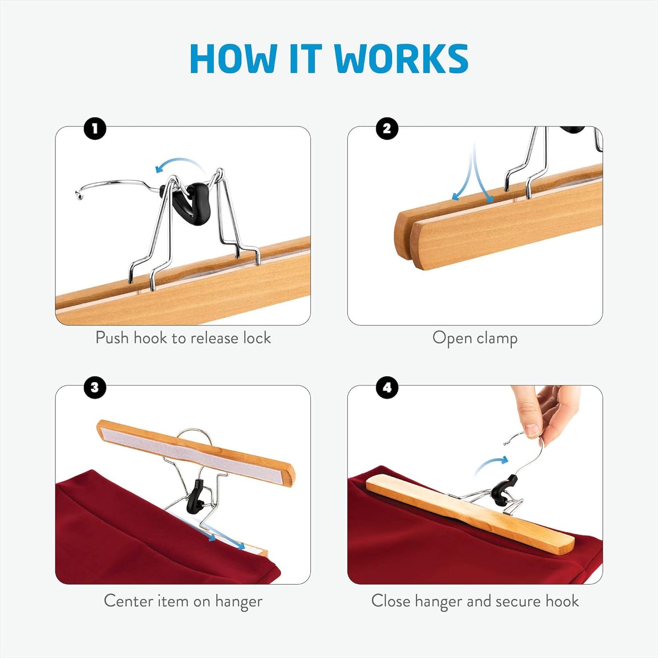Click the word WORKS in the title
point(401,59)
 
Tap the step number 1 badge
point(95,129)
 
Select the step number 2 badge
point(387,129)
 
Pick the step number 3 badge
point(95,388)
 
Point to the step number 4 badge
point(387,388)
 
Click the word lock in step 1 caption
point(257,338)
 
